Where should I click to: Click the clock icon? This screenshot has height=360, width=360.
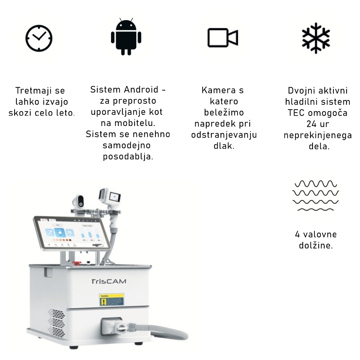(39, 38)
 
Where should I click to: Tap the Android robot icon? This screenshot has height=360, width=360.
(126, 37)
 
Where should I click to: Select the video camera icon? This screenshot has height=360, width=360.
(222, 37)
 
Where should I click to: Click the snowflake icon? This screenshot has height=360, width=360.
(316, 38)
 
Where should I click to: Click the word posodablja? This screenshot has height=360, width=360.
(128, 157)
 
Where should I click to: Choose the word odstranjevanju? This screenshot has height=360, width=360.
(224, 135)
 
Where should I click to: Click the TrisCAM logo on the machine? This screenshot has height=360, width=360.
(109, 281)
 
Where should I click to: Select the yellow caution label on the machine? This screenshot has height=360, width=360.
(111, 299)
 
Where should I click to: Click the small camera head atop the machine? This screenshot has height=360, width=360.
(78, 201)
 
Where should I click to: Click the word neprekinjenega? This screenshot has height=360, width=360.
(318, 135)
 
